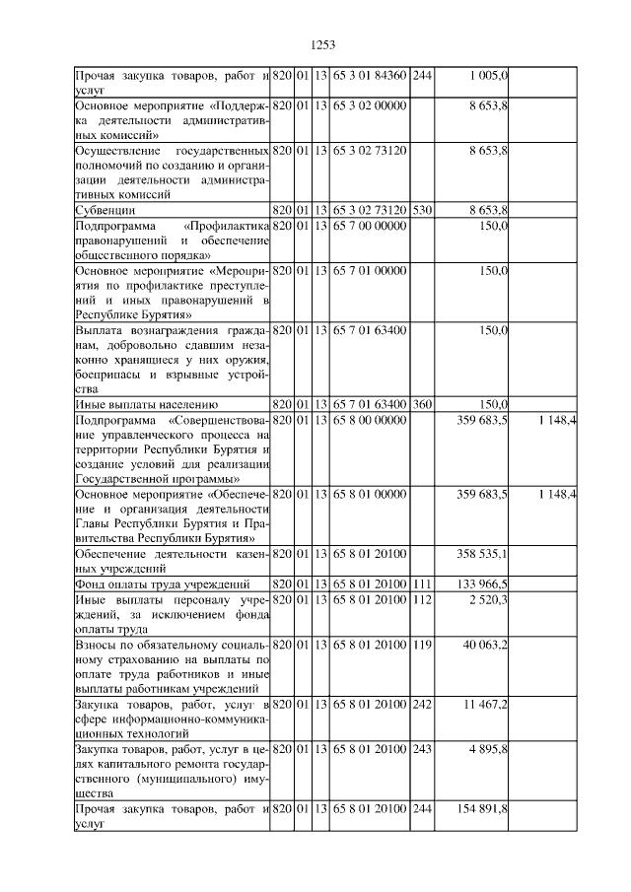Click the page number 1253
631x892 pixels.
(323, 44)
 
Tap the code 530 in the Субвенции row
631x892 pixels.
(421, 210)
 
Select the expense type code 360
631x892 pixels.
(421, 404)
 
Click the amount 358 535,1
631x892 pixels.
(482, 555)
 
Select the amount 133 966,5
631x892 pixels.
(482, 585)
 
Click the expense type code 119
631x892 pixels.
(421, 645)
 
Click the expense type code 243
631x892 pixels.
(421, 750)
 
